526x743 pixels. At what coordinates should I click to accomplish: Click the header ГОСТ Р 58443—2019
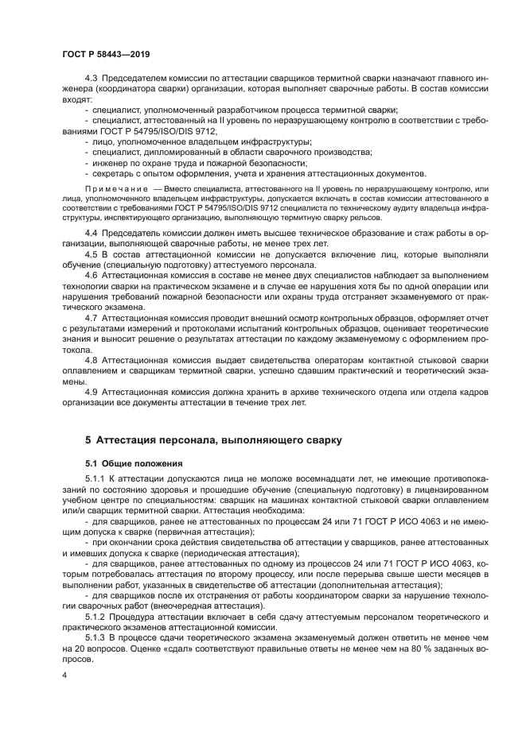pyautogui.click(x=106, y=54)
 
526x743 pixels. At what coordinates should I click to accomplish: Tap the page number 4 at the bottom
pyautogui.click(x=64, y=675)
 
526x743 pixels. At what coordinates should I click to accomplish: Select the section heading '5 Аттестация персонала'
pyautogui.click(x=214, y=439)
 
